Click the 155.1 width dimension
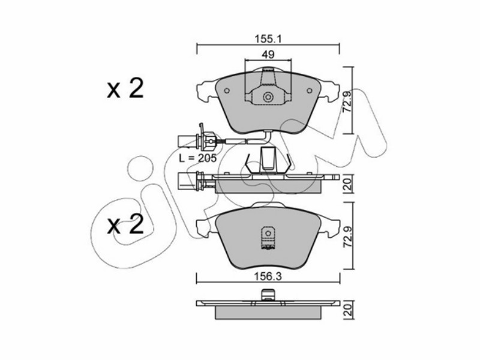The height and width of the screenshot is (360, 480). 268,39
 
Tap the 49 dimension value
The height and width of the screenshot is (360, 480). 268,55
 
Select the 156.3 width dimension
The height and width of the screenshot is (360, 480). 268,277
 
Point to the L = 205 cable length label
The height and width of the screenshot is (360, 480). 198,158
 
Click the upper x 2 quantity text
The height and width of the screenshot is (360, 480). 125,89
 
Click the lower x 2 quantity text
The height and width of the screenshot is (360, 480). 125,224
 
